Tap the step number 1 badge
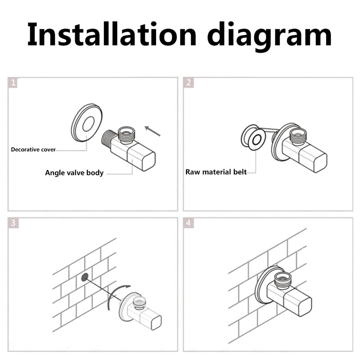coord(13,83)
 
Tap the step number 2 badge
coord(189,83)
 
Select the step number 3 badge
coord(13,223)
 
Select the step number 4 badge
coord(189,223)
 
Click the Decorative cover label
coord(34,149)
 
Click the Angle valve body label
coord(74,173)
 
